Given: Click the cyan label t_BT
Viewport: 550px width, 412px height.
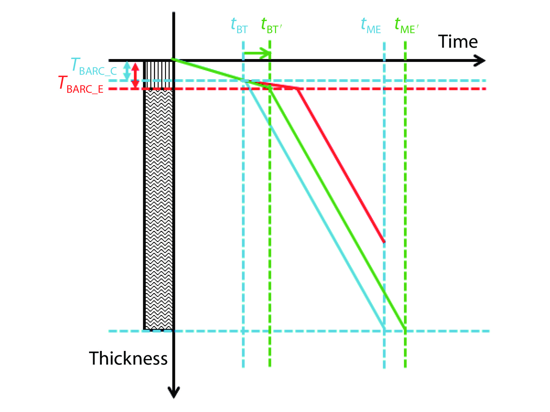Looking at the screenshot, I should [239, 26].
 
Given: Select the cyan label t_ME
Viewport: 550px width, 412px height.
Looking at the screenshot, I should [370, 26].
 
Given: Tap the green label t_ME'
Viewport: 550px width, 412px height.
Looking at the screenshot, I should [406, 26].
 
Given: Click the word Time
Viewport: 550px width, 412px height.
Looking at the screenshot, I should [458, 42].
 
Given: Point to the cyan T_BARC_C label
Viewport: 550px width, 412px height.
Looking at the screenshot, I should [94, 67].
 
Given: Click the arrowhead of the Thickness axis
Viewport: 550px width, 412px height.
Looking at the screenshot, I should [174, 393].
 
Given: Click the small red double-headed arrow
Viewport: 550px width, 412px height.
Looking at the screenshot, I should [135, 75].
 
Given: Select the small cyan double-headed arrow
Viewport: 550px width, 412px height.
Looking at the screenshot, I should [127, 71].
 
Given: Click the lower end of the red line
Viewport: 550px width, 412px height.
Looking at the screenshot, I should [384, 241].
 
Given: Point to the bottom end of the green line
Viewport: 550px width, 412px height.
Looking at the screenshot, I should [405, 329].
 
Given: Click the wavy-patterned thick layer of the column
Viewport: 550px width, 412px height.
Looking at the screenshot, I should [159, 209].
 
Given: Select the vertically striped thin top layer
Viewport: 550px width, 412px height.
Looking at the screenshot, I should [159, 74].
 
